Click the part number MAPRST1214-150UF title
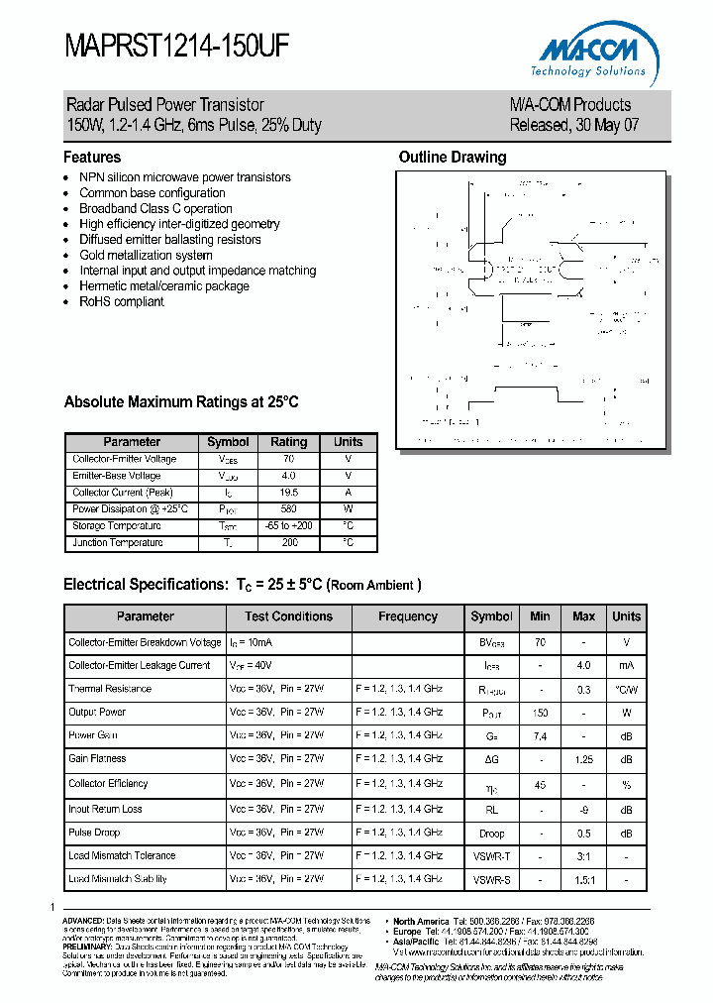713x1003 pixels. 177,46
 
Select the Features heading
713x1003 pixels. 92,158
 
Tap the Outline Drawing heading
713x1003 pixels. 452,158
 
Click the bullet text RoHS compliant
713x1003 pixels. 122,301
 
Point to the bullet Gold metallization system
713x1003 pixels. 146,255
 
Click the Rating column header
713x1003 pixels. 289,442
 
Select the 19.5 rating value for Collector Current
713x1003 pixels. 289,493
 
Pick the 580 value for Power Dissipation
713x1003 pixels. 289,509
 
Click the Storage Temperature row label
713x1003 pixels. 117,526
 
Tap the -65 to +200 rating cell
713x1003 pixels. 289,526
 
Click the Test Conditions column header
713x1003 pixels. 288,616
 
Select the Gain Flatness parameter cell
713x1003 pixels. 97,759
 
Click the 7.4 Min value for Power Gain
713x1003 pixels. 540,736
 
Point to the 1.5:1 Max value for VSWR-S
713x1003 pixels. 583,879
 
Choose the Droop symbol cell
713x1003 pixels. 491,833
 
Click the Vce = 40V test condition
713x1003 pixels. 253,666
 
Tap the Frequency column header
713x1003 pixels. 407,616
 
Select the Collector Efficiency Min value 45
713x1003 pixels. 540,784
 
